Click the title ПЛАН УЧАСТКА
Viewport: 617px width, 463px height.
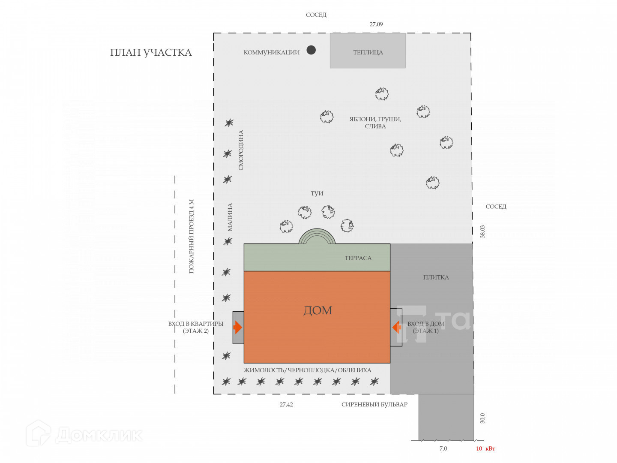[x=151, y=53]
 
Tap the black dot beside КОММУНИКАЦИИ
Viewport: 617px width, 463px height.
[x=311, y=50]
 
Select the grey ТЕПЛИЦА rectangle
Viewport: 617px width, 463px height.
[x=368, y=51]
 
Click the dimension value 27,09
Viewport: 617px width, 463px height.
[x=376, y=24]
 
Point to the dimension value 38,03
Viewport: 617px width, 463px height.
[x=483, y=231]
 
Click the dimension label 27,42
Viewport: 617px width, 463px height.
[x=286, y=404]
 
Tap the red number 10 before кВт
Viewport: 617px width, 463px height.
[x=479, y=448]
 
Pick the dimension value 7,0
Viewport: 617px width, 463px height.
[x=443, y=448]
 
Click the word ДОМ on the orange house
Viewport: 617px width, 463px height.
[x=317, y=310]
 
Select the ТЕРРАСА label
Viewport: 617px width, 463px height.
[x=358, y=258]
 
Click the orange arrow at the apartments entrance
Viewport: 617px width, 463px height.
[x=238, y=328]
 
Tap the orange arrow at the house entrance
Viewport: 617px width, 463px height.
[x=396, y=328]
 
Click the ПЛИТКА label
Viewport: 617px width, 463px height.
[x=436, y=277]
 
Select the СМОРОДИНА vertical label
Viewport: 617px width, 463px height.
[x=241, y=150]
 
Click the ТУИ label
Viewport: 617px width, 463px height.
[x=317, y=193]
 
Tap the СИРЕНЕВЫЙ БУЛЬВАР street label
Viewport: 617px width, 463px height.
[x=374, y=404]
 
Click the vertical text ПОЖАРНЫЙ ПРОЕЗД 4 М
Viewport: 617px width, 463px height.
[x=192, y=236]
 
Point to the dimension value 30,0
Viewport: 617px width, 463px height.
[x=483, y=418]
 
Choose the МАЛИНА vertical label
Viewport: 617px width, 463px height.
[x=230, y=217]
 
